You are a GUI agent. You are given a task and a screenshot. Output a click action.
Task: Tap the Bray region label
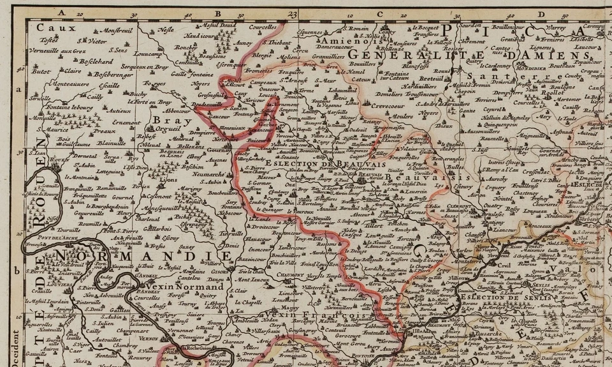click(164, 119)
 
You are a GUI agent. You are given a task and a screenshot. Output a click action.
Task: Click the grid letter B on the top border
click(217, 11)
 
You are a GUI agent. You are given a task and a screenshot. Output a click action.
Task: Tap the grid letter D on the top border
click(539, 11)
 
